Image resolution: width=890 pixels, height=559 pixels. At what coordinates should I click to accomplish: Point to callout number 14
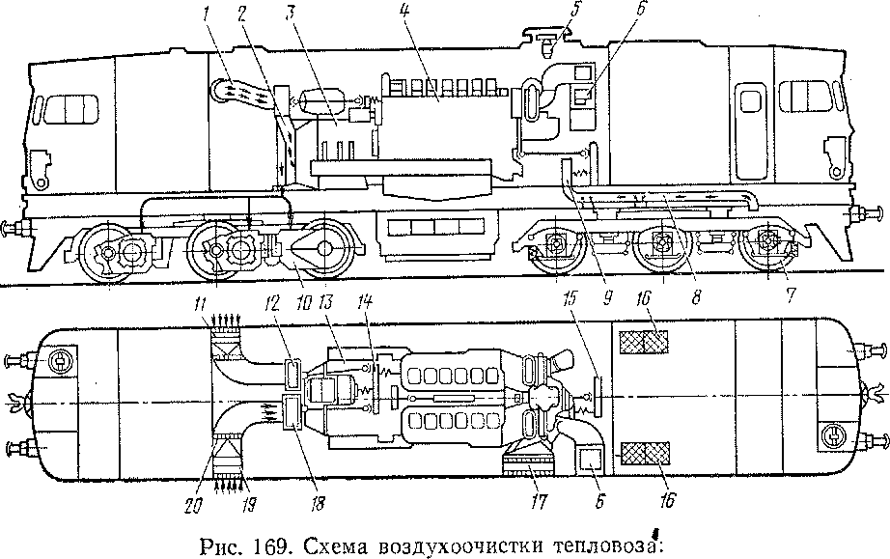(365, 304)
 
